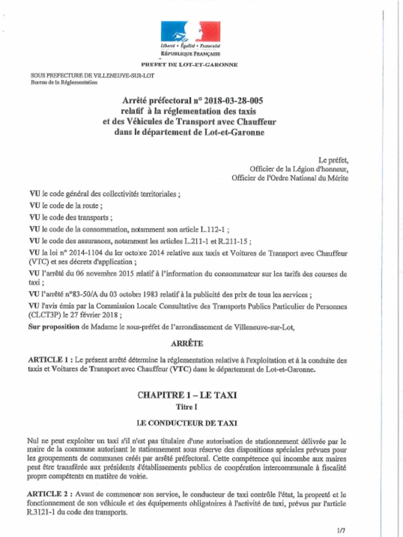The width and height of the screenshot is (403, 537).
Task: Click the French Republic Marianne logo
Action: (x=190, y=32)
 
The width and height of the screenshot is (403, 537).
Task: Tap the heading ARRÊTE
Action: (x=187, y=344)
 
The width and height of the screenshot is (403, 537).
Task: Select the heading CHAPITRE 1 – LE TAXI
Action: (x=190, y=395)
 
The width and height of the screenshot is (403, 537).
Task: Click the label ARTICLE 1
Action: (x=49, y=360)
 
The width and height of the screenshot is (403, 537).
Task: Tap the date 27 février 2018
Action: (x=99, y=315)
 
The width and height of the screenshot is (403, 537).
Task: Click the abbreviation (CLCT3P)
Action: (x=45, y=315)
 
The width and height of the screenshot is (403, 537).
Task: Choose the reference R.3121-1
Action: (x=44, y=512)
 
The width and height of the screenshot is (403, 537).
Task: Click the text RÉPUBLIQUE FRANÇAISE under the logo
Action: (x=190, y=54)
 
